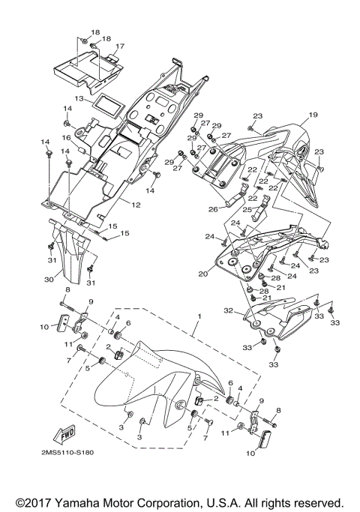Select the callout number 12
coord(136,205)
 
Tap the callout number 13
coord(78,98)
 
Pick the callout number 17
coord(120,46)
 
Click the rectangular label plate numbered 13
coord(106,106)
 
